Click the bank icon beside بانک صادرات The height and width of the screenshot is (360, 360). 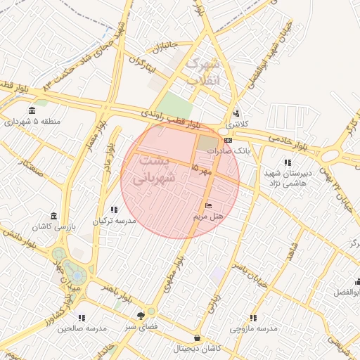228,141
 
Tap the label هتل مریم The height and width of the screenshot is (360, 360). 209,216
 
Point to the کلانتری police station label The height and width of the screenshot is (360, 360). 236,124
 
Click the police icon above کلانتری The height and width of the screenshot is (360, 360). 236,112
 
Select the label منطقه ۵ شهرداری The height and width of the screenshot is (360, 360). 33,122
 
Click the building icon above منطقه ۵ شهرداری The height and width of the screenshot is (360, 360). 32,110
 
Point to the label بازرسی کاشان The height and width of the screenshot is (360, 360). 53,227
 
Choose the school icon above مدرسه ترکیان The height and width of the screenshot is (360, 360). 113,209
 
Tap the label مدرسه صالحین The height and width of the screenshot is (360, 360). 82,328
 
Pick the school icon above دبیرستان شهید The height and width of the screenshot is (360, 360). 287,161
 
